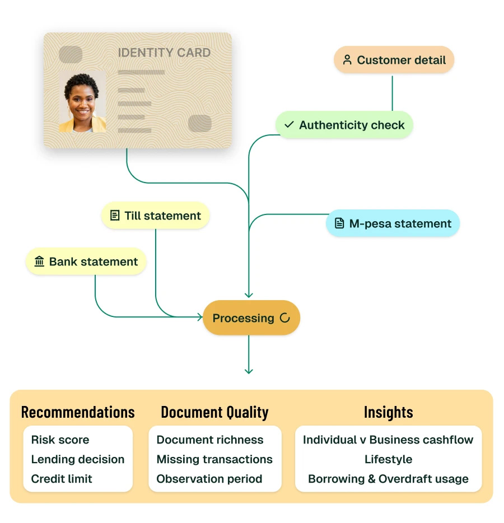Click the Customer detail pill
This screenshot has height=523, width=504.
[394, 60]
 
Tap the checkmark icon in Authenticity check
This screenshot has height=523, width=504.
[289, 125]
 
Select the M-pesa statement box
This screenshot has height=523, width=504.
[393, 223]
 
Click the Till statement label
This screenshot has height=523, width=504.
[163, 216]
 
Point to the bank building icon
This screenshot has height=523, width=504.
[39, 261]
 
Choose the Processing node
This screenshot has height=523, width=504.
[251, 318]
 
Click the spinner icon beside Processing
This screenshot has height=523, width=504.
[285, 318]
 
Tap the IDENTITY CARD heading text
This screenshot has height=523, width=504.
[164, 53]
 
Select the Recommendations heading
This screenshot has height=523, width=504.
[78, 412]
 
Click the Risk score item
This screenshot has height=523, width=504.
[60, 440]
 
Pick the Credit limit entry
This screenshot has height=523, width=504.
[62, 479]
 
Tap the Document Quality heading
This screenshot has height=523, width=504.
[215, 412]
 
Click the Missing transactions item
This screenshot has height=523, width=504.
[214, 459]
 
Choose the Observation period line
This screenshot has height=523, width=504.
[209, 479]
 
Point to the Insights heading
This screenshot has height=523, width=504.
[389, 412]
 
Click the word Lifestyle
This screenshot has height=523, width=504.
[389, 459]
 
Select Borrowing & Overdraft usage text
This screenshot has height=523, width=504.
[389, 479]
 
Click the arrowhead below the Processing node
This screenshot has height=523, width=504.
[249, 371]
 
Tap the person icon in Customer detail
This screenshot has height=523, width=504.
[347, 60]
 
